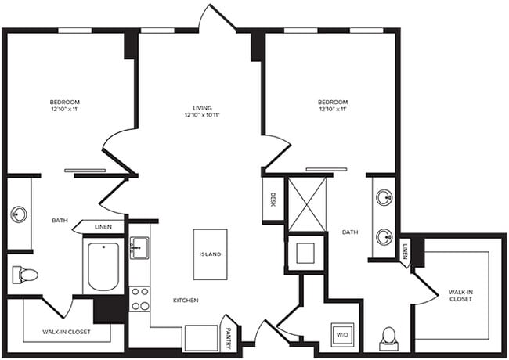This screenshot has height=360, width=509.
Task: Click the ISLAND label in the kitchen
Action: (210, 255)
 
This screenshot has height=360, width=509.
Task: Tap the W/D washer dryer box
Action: (343, 335)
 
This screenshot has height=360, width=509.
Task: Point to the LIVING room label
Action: (204, 108)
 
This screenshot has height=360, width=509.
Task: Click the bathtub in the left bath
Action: (103, 266)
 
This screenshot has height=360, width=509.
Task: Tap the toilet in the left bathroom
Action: (26, 275)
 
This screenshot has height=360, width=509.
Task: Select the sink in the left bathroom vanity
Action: (18, 214)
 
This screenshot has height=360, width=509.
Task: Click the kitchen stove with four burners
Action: (139, 299)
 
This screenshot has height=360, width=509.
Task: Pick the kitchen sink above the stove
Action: (139, 250)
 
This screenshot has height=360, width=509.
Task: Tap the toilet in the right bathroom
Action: (388, 338)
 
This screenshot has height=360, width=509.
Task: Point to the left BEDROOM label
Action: (64, 103)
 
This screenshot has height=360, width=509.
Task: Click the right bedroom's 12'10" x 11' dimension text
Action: (334, 110)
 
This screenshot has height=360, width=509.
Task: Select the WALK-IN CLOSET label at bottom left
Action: (67, 332)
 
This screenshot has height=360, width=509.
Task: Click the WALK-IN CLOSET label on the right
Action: (460, 296)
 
